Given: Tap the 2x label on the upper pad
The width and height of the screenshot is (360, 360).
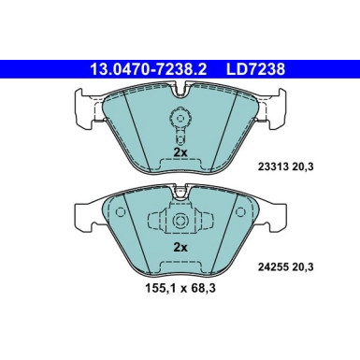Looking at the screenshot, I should (180, 151).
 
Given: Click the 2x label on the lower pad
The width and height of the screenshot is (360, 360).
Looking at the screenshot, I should (180, 248).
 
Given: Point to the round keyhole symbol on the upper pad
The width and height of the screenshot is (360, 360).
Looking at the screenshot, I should (180, 119).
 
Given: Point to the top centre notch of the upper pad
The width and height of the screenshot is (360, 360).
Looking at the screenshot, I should (180, 90).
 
